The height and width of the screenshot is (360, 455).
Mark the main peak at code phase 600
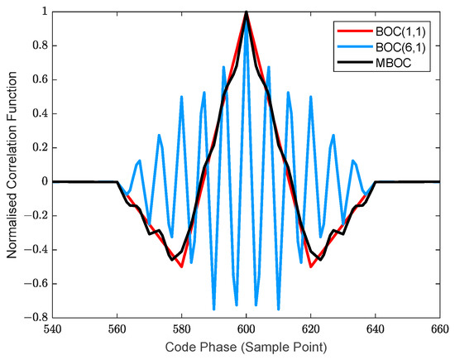pos(246,12)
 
